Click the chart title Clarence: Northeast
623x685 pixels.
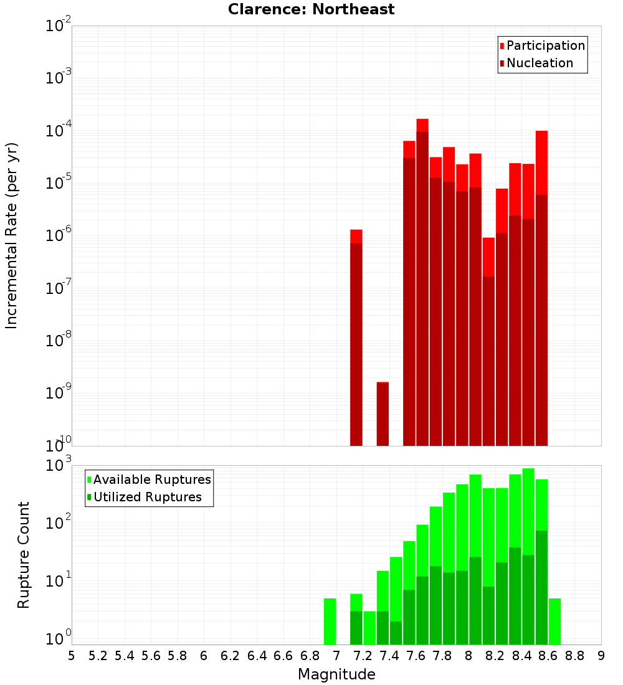pyautogui.click(x=311, y=9)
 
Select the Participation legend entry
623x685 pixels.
pyautogui.click(x=543, y=45)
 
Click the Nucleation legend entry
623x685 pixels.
pyautogui.click(x=536, y=63)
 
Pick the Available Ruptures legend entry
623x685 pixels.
pyautogui.click(x=149, y=479)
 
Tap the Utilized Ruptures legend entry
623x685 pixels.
pyautogui.click(x=144, y=497)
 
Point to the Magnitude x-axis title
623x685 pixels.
pyautogui.click(x=336, y=674)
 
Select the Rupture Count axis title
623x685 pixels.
pyautogui.click(x=24, y=554)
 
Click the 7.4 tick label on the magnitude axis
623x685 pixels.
pyautogui.click(x=389, y=656)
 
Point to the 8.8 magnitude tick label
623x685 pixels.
pyautogui.click(x=574, y=656)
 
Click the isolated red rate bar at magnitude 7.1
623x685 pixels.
pyautogui.click(x=356, y=336)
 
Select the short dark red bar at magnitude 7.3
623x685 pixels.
pyautogui.click(x=383, y=414)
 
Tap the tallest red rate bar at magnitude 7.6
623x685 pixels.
pyautogui.click(x=422, y=280)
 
